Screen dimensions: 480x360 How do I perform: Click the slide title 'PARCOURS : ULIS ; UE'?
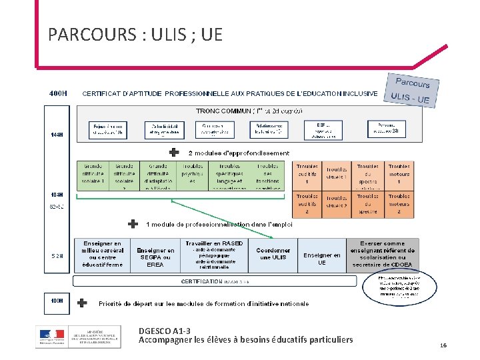[135, 35]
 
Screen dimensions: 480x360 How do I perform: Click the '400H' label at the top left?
[58, 93]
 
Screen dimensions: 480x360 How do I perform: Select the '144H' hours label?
[57, 135]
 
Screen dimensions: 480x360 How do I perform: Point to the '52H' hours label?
[58, 256]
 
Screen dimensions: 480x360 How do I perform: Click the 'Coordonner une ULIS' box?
[273, 255]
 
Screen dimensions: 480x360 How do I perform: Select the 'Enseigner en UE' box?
[321, 258]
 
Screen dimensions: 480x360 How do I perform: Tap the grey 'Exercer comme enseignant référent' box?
[383, 255]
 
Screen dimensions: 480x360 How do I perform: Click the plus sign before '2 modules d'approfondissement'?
[173, 153]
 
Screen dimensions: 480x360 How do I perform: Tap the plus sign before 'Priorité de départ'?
[82, 303]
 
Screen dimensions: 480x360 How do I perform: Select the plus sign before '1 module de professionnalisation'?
[133, 224]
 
